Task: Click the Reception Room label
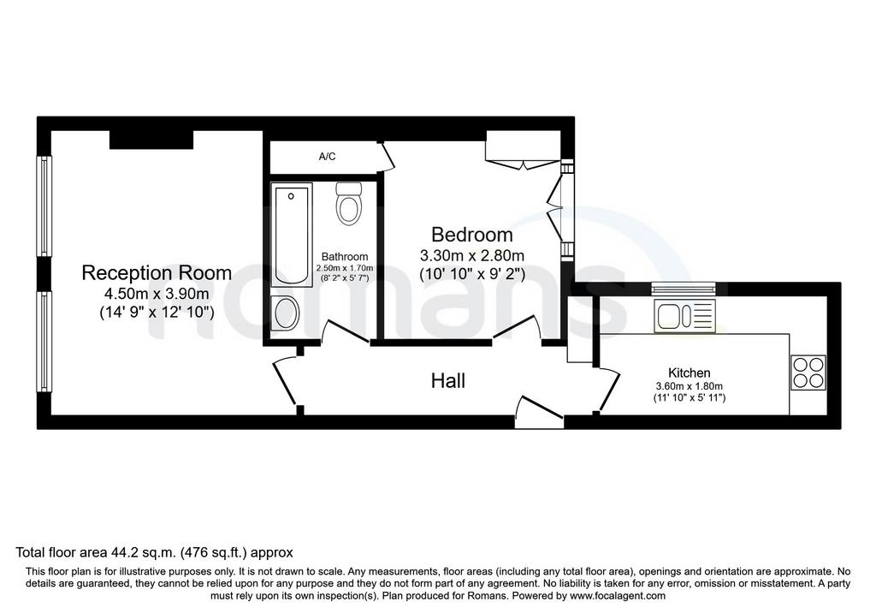coord(157,273)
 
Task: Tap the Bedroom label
coord(472,235)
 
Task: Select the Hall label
coord(448,381)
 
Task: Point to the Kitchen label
coord(690,373)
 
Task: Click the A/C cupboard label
coord(328,157)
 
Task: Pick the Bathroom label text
coord(345,257)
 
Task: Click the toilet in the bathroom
coord(349,203)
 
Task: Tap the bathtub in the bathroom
coord(292,235)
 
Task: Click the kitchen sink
coord(685,316)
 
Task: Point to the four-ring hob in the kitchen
coord(808,373)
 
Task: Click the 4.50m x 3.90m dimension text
coord(157,294)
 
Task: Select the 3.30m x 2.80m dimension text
coord(472,255)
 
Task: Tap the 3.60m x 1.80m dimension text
coord(690,386)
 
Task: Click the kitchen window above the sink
coord(684,289)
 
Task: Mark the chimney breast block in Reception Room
coord(151,140)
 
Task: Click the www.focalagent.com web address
coord(617,595)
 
